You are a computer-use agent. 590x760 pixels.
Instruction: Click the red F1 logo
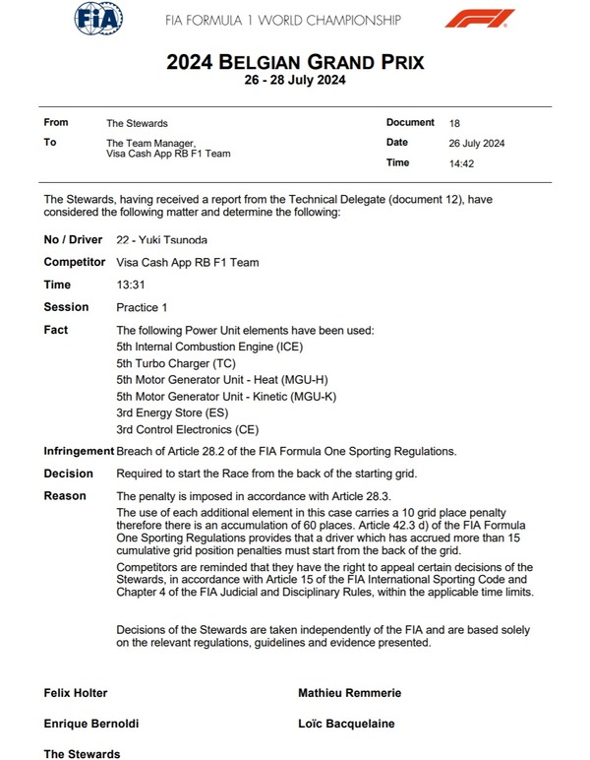[x=479, y=18]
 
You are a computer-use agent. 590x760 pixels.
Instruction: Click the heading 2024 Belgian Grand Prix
[x=295, y=63]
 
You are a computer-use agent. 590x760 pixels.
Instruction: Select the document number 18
[x=453, y=123]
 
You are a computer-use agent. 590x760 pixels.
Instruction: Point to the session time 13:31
[x=129, y=285]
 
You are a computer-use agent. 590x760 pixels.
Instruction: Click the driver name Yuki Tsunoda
[x=167, y=239]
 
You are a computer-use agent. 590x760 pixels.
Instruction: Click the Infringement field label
[x=79, y=451]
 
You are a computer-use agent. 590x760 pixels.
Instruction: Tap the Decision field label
[x=68, y=474]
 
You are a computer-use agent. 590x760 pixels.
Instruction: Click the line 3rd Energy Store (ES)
[x=173, y=412]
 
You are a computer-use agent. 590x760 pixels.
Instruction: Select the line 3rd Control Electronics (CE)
[x=188, y=429]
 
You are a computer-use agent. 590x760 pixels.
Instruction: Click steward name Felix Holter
[x=76, y=693]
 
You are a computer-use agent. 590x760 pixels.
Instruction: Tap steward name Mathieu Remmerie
[x=349, y=693]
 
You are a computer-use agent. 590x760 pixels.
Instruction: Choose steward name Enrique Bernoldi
[x=90, y=724]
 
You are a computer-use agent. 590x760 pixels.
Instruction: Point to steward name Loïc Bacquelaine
[x=346, y=724]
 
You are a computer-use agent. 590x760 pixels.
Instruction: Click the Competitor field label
[x=75, y=262]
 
